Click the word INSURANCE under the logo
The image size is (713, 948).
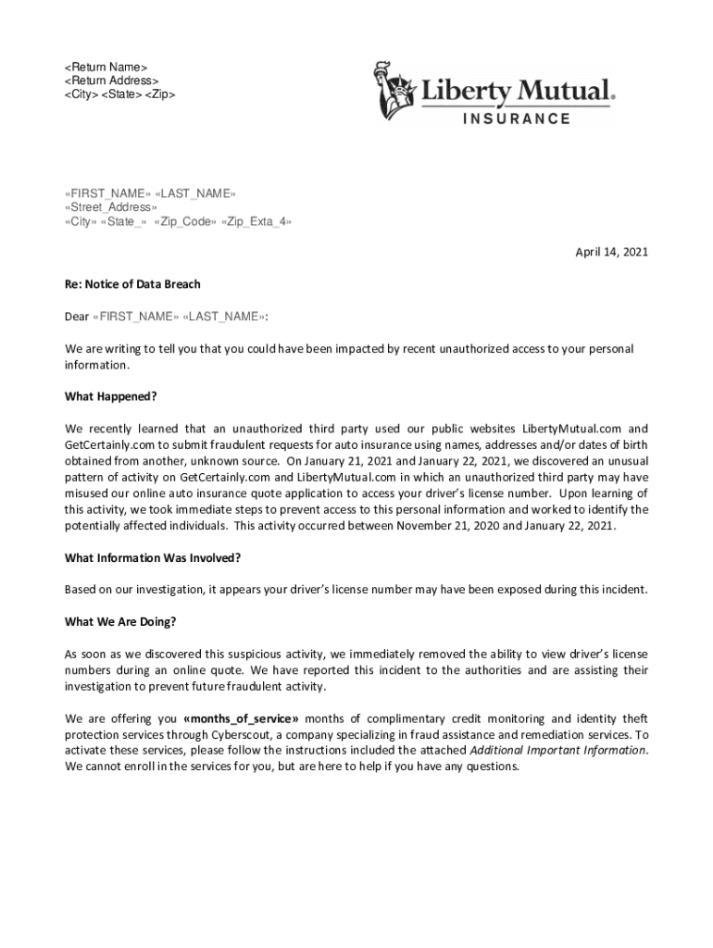pos(517,118)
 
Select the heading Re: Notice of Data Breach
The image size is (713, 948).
pos(132,284)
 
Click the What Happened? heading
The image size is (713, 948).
pos(111,396)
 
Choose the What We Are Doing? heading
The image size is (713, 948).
pos(120,621)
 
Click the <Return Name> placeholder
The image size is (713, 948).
pos(106,68)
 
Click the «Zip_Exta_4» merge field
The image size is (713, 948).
pos(257,222)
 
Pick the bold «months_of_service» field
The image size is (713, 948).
pos(241,718)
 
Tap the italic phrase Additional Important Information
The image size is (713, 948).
pos(557,750)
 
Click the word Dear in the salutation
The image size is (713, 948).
pos(77,317)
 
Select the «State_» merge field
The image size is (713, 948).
pos(123,222)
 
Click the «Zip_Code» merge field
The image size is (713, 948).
pos(184,222)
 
